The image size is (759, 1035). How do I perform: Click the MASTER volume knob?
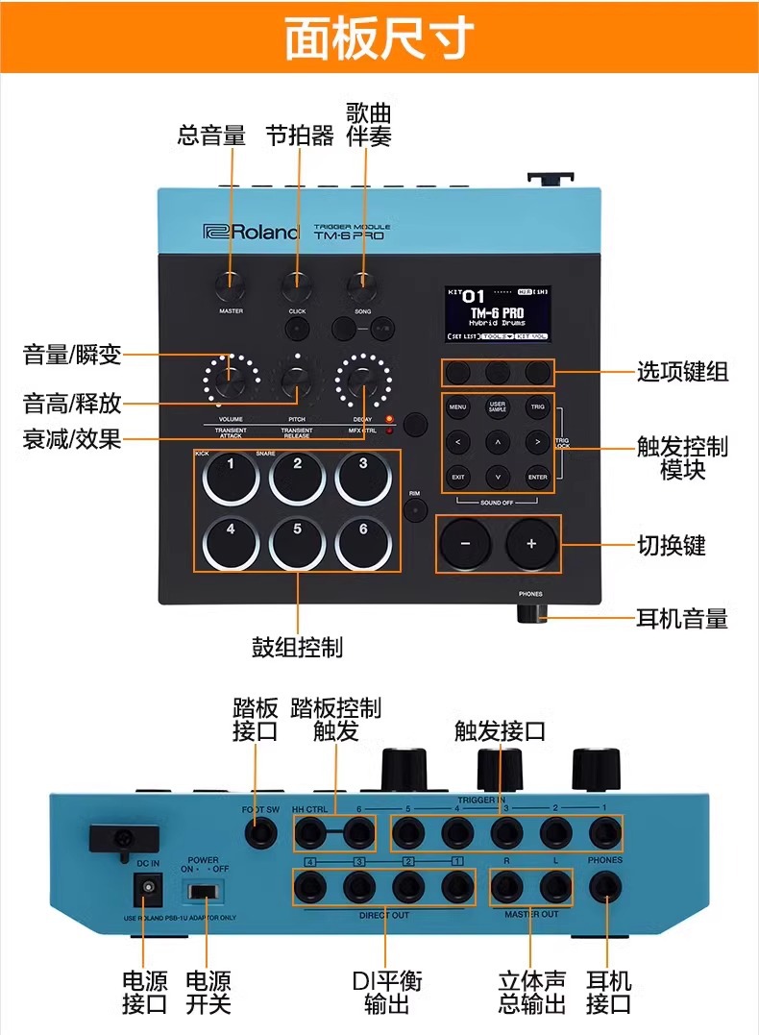[231, 283]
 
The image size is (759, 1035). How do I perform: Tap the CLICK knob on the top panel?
[296, 283]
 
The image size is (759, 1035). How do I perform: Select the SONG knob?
[362, 283]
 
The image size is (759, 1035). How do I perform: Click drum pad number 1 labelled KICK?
[231, 475]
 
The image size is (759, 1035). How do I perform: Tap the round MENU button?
[457, 407]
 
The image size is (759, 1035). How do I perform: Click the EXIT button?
[457, 476]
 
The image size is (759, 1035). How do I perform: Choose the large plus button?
[531, 543]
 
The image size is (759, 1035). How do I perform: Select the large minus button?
[465, 543]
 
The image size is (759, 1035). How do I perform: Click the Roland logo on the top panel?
[252, 232]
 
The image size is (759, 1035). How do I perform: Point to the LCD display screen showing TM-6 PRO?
[498, 313]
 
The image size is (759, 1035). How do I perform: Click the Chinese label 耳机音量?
[682, 618]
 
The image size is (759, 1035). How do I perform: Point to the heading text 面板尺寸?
[379, 39]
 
